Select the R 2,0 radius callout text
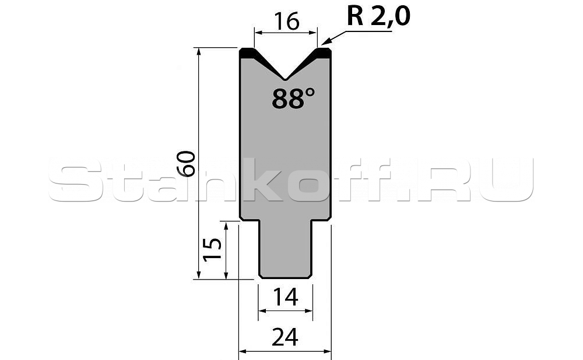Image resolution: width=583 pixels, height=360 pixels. click(378, 16)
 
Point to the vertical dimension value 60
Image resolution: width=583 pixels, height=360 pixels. click(186, 164)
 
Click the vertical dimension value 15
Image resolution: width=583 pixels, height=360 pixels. click(212, 249)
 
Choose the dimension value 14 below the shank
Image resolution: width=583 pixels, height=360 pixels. click(285, 297)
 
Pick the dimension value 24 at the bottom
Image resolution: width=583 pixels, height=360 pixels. click(285, 337)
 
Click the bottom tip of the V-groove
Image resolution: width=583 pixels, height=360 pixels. click(285, 79)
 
